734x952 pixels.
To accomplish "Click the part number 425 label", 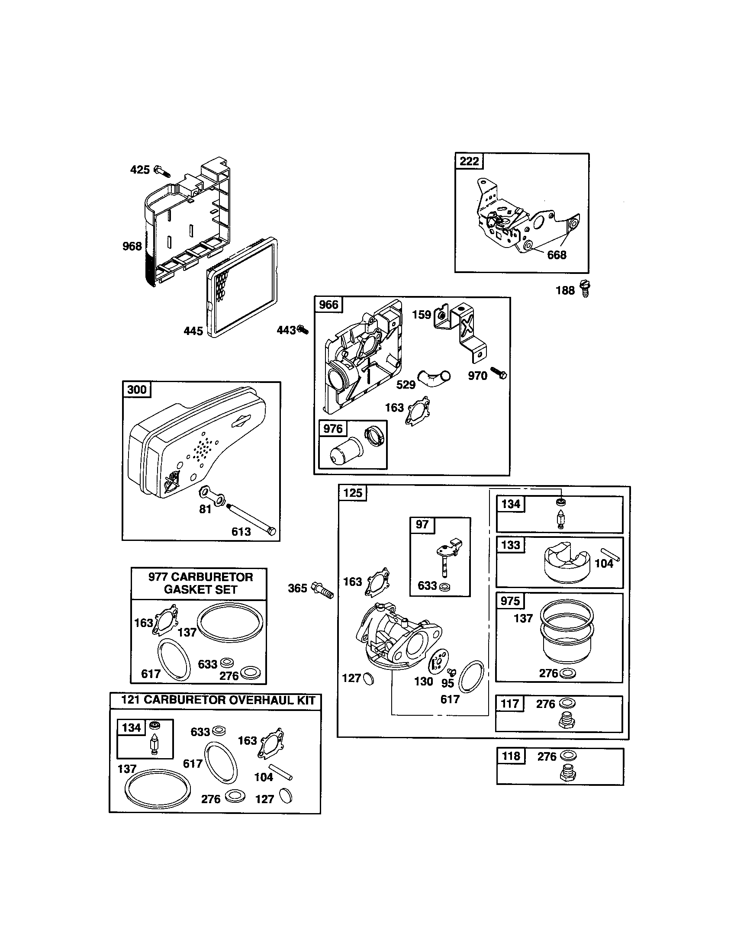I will point(139,170).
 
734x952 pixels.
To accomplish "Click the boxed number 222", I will point(469,161).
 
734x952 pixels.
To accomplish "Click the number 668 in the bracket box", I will point(557,255).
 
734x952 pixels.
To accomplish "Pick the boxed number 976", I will point(332,429).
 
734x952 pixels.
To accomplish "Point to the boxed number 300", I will point(136,389).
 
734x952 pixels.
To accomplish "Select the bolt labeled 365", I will point(322,591).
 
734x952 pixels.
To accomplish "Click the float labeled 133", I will point(564,561).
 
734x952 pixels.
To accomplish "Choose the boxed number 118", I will point(511,756).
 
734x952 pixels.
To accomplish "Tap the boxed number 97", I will point(422,524).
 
